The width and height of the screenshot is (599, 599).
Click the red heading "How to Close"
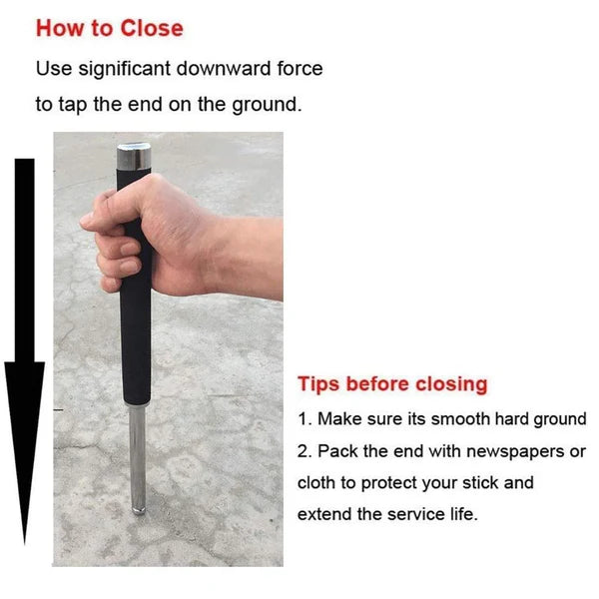(110, 28)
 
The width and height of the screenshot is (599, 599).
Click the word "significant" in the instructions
(135, 69)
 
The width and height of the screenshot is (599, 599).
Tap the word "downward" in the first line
(241, 69)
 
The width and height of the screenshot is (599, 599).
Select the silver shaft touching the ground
(137, 469)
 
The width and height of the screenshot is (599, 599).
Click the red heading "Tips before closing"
(392, 384)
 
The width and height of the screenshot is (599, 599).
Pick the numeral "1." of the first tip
(304, 419)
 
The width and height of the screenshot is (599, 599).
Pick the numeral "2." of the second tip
(304, 451)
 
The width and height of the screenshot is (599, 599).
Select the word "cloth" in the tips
(318, 483)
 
